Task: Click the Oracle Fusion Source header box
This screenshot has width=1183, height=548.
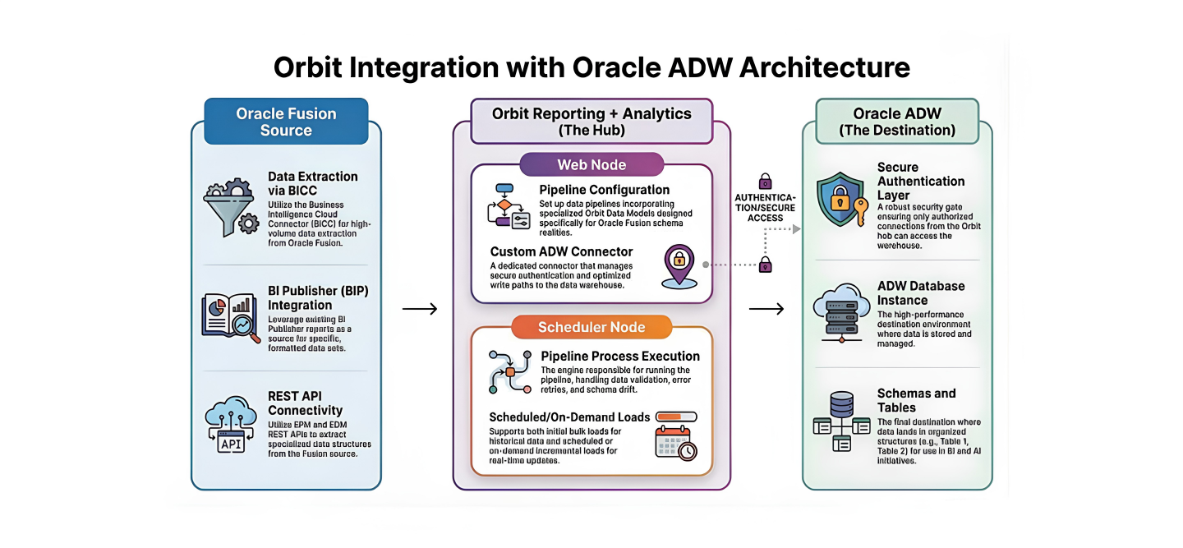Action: click(286, 122)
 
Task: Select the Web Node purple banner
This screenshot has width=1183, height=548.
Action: click(591, 164)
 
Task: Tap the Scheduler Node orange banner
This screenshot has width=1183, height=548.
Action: click(591, 327)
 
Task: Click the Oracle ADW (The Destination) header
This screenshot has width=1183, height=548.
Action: click(897, 122)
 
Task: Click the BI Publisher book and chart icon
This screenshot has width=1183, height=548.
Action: click(231, 316)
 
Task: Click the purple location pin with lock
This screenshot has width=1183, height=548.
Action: click(679, 265)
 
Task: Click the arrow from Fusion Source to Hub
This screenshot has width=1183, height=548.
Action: click(420, 309)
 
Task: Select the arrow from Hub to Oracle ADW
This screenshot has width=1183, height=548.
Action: click(766, 309)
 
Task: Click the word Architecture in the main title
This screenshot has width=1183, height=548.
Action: click(824, 67)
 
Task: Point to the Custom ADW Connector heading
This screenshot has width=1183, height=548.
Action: click(562, 251)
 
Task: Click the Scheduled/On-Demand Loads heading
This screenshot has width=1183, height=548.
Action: click(569, 417)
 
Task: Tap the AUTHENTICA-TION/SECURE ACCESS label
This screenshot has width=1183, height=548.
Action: click(766, 208)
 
